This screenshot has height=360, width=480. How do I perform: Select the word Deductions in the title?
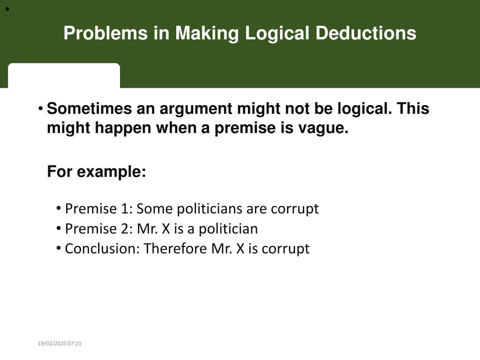366,33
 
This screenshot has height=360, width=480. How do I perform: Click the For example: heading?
97,172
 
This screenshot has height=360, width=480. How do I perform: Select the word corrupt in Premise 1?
295,209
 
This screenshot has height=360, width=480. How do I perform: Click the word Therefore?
175,248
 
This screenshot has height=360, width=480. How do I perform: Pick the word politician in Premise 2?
228,229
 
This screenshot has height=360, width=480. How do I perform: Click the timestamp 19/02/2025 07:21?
60,344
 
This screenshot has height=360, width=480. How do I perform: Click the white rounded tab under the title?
64,75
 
